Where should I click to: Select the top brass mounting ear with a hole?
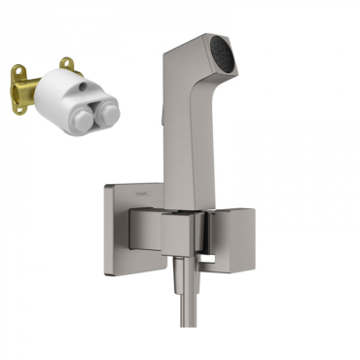66,65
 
